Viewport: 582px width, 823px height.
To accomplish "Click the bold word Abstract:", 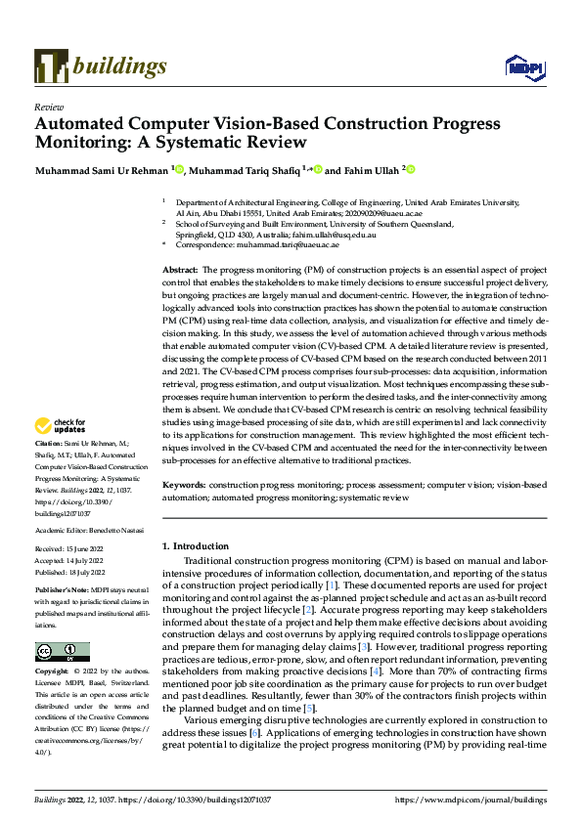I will tap(180, 268).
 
